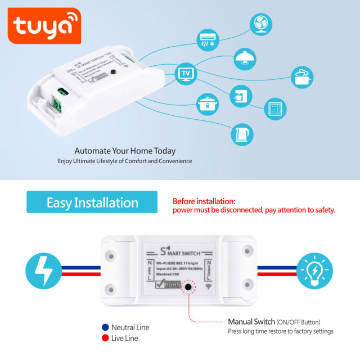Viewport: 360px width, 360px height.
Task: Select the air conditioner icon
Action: (207, 41)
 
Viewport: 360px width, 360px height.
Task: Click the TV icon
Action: (186, 73)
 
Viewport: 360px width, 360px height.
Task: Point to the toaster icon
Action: (302, 77)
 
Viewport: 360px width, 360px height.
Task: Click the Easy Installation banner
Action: (92, 202)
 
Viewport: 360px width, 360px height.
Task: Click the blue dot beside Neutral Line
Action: (105, 327)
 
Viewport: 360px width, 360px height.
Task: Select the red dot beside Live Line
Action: (105, 338)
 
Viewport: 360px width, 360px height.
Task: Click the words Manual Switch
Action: (251, 322)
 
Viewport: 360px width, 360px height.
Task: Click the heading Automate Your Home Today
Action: (125, 151)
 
